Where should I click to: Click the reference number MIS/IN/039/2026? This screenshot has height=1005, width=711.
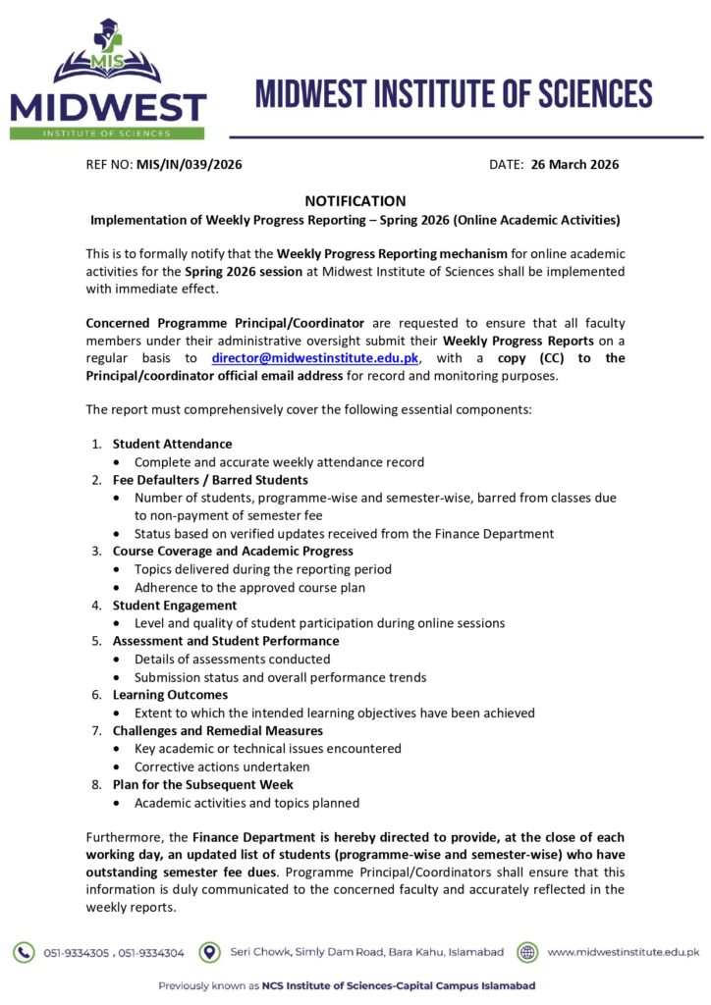click(x=189, y=165)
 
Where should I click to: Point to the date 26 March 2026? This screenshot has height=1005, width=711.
click(x=574, y=165)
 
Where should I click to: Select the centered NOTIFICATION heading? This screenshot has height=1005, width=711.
click(x=355, y=201)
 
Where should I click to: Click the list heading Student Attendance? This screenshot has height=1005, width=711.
click(x=172, y=444)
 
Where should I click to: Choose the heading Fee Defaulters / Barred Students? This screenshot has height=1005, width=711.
click(x=210, y=480)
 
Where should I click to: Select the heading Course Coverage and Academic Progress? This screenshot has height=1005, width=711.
click(x=233, y=552)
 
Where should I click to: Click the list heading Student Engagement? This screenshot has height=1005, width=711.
click(x=175, y=606)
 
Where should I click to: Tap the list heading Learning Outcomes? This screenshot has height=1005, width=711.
click(x=171, y=695)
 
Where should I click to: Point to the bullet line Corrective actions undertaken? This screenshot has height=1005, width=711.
click(x=222, y=767)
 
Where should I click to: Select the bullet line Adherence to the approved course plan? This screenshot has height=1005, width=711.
click(x=250, y=587)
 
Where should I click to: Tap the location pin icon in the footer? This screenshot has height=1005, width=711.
click(x=209, y=952)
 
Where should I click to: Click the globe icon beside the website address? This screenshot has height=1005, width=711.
click(x=527, y=952)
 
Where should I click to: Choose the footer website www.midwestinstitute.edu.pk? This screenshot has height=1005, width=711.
click(x=623, y=952)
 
